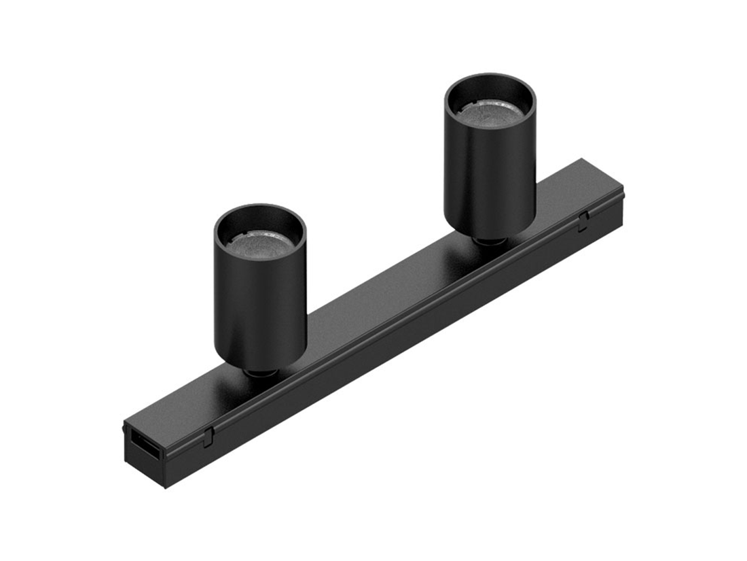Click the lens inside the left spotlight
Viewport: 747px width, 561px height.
tap(261, 241)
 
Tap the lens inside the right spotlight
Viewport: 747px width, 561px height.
tap(490, 112)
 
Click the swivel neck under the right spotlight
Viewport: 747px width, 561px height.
tap(489, 241)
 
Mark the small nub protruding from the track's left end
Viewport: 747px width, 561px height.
tap(124, 429)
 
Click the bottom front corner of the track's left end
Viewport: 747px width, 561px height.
tap(165, 487)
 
